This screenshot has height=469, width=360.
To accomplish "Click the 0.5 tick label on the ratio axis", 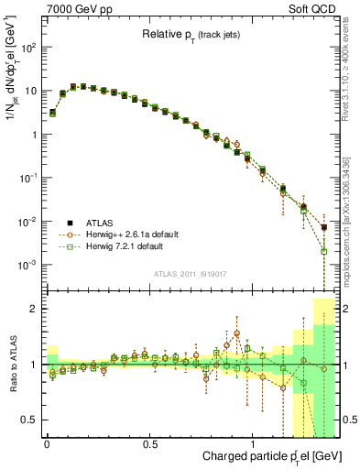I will point(30,420).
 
